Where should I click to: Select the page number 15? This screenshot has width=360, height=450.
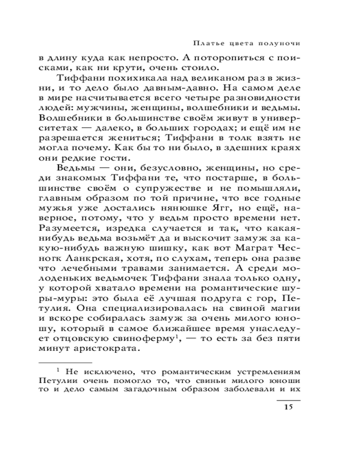[x=288, y=407]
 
